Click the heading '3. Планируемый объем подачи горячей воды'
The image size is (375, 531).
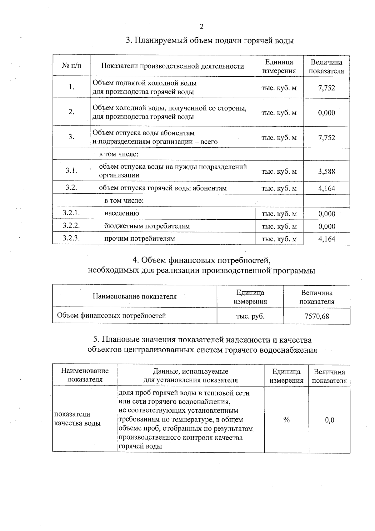[209, 41]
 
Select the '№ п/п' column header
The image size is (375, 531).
[71, 66]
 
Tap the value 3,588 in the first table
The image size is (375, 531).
[327, 171]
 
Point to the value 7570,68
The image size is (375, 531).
[317, 316]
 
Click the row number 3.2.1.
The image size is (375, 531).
[71, 213]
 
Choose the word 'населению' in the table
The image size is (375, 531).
[122, 213]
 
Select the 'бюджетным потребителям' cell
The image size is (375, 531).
[147, 226]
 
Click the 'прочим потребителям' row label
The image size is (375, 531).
[139, 239]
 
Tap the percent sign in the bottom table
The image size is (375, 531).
[286, 420]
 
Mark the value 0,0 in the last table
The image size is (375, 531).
[329, 420]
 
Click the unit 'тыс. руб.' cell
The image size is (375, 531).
[250, 316]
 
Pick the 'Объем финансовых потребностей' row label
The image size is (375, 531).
[111, 315]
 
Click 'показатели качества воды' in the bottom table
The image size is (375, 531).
[77, 419]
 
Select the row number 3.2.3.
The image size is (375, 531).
[71, 238]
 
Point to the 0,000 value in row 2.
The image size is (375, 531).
[327, 113]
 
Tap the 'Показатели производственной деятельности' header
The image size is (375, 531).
[172, 66]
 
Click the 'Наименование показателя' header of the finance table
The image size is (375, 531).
[134, 297]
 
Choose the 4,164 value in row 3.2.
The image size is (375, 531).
[327, 188]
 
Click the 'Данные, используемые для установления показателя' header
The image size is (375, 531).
[190, 376]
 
